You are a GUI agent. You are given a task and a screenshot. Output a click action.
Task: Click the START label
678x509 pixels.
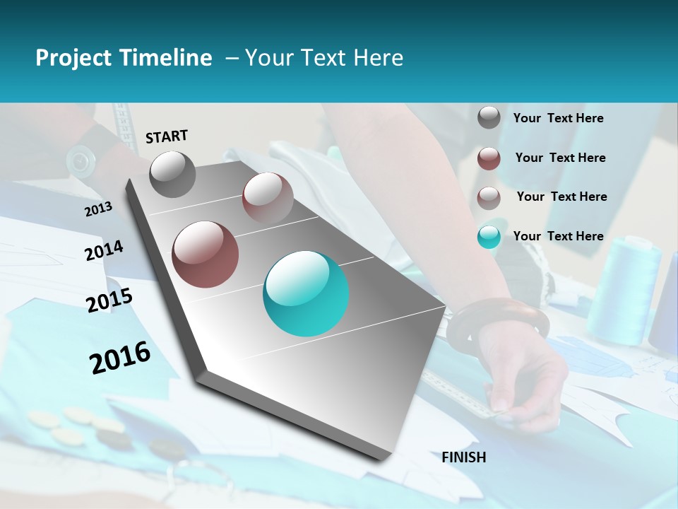click(167, 136)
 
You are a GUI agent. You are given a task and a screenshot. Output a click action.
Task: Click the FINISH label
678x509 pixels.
click(464, 457)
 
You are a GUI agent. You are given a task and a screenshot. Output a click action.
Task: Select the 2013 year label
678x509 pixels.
click(98, 209)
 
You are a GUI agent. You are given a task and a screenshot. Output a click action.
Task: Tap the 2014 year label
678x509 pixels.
click(104, 251)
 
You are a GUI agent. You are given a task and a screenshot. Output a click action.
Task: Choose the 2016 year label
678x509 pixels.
click(120, 358)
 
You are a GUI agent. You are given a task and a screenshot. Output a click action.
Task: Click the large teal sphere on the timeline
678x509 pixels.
click(306, 293)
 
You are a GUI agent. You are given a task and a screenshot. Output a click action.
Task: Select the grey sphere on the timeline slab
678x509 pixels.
click(173, 174)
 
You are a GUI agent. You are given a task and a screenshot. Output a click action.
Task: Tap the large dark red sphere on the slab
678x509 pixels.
click(206, 255)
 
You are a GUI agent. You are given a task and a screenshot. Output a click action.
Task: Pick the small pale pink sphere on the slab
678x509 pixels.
click(268, 197)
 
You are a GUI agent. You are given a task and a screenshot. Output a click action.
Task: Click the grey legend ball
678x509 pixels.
click(489, 117)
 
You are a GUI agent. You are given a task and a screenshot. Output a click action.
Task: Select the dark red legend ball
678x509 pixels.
click(489, 158)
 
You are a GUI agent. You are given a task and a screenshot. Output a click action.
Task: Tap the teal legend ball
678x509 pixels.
click(489, 237)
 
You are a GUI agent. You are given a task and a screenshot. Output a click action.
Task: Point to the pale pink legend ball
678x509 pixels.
click(489, 197)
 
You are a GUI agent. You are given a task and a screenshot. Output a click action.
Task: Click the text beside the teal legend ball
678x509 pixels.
click(559, 236)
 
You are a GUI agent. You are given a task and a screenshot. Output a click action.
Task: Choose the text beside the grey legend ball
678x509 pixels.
click(559, 118)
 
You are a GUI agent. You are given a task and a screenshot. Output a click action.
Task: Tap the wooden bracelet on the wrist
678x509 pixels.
click(498, 322)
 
